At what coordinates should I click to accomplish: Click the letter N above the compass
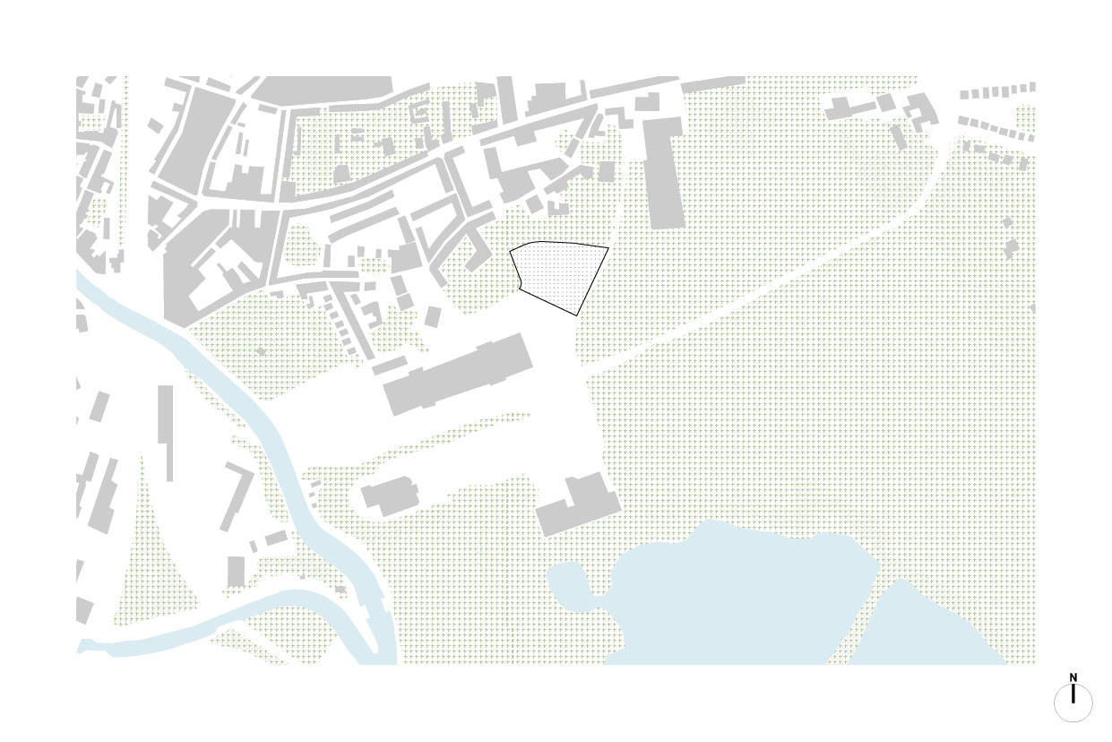click(1073, 678)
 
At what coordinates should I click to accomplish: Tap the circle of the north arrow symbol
click(1073, 703)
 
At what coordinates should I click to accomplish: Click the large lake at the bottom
click(735, 591)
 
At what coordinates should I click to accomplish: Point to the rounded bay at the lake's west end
click(568, 583)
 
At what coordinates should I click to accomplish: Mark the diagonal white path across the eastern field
click(762, 296)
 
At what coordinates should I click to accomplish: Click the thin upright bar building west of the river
click(166, 430)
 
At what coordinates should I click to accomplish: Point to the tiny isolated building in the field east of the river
click(261, 351)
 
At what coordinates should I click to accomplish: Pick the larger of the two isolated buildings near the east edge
click(1013, 247)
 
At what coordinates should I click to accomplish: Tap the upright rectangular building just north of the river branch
click(236, 571)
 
